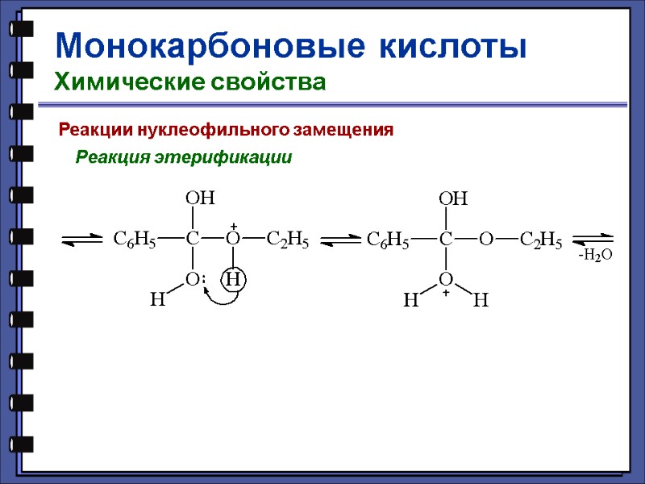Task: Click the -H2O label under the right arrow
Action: (595, 256)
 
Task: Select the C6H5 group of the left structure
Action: (134, 239)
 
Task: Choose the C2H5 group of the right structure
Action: (541, 240)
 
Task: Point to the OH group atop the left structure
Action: (200, 198)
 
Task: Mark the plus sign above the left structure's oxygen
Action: (233, 227)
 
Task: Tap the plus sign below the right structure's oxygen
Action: (445, 294)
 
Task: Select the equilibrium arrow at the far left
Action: (81, 240)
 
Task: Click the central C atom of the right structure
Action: (445, 240)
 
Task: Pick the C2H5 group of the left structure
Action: (287, 239)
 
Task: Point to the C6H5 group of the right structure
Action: (388, 240)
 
